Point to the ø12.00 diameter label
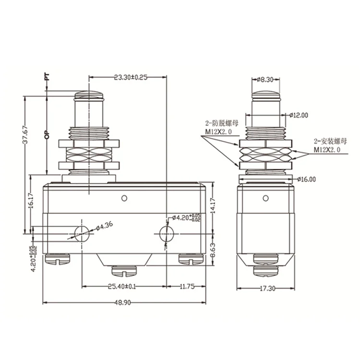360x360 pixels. tap(299, 115)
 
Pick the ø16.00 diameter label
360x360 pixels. tap(306, 179)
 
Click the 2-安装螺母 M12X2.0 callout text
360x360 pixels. tap(327, 145)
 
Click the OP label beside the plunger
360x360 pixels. tap(47, 134)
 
